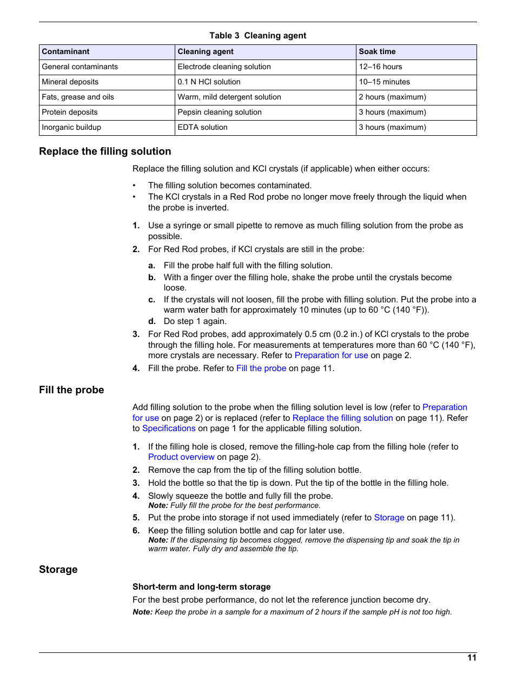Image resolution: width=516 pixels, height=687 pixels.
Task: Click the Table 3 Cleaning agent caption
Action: [257, 36]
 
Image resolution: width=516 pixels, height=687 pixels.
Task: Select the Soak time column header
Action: [377, 52]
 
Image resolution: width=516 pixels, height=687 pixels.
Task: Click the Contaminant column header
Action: [65, 52]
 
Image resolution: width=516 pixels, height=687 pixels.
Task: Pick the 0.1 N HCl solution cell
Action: [209, 82]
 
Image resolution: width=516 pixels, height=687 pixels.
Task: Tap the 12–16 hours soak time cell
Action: [380, 67]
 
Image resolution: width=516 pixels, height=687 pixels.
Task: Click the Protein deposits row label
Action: [70, 113]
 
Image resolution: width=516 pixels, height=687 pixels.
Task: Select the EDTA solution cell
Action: [202, 128]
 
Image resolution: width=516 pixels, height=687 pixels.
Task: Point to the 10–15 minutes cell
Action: [384, 82]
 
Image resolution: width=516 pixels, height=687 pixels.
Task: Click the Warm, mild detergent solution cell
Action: [229, 97]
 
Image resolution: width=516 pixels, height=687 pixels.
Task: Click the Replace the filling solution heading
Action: [105, 151]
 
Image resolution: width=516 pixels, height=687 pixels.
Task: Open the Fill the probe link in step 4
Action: [261, 368]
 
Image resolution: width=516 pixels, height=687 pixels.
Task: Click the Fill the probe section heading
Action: [71, 390]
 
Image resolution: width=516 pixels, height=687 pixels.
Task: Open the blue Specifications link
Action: [169, 428]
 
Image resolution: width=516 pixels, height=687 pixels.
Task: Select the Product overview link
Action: [181, 457]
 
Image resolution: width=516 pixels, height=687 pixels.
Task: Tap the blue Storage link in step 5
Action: [389, 518]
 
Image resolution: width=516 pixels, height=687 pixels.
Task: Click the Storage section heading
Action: [58, 570]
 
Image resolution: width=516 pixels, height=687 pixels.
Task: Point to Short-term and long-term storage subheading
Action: [201, 587]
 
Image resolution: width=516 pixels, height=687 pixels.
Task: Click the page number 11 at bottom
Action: [472, 658]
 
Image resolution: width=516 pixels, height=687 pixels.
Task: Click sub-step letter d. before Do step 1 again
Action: [152, 321]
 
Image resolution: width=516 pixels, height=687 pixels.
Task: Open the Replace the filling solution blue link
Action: [342, 418]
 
